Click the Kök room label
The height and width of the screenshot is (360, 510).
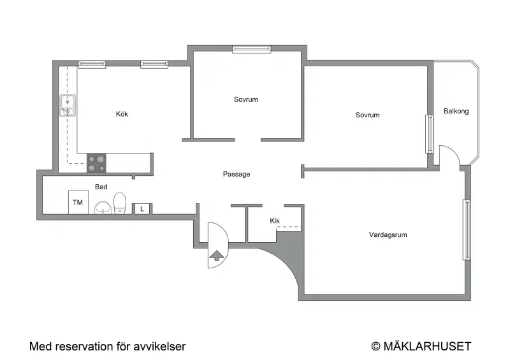(122, 114)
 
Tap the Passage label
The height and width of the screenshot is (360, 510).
(237, 174)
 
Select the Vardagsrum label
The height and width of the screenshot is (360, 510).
(388, 235)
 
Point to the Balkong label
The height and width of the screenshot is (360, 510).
(456, 112)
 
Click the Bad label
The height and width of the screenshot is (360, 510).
(101, 187)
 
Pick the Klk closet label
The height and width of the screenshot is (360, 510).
(275, 221)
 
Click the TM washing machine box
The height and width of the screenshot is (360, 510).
(78, 202)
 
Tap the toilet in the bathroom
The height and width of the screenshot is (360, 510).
(120, 203)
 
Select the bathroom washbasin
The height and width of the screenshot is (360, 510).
(103, 208)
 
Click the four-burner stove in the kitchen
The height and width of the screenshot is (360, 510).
(97, 163)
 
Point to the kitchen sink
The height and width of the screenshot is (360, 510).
(68, 106)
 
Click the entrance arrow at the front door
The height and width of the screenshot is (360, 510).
(217, 256)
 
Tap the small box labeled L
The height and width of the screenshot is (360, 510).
(142, 209)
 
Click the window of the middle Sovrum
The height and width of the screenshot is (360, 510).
(251, 49)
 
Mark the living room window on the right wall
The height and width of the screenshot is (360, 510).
(467, 229)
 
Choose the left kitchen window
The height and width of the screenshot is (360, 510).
(92, 64)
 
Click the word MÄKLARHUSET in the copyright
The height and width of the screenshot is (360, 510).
(427, 347)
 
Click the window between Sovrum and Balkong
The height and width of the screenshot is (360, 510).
(429, 134)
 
